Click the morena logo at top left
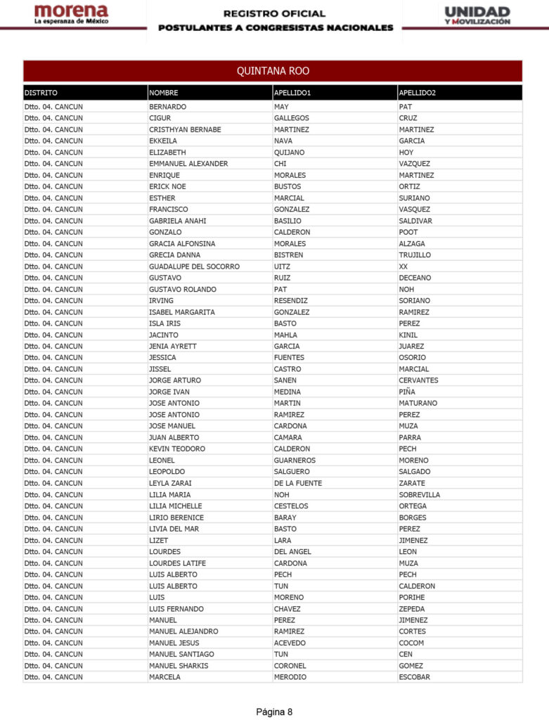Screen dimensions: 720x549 click(71, 15)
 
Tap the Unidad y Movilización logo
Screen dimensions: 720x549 click(477, 15)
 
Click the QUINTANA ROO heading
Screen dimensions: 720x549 click(273, 71)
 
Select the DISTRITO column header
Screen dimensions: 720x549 click(41, 93)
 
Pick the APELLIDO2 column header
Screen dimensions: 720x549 click(417, 93)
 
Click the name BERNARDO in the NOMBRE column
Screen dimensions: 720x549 click(167, 107)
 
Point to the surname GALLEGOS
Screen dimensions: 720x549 click(291, 118)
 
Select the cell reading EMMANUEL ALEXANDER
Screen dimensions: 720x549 click(188, 164)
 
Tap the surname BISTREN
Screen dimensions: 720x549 click(288, 255)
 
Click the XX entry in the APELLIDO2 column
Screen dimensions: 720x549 click(403, 266)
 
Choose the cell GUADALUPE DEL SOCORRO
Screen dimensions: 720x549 click(194, 266)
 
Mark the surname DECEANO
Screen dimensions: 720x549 click(415, 278)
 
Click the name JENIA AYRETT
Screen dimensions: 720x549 click(172, 346)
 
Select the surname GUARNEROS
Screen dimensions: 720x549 click(295, 461)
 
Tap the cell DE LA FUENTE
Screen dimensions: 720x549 click(297, 483)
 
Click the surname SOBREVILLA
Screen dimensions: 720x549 click(419, 494)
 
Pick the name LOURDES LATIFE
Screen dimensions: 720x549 click(178, 563)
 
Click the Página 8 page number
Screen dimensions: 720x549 click(274, 712)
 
